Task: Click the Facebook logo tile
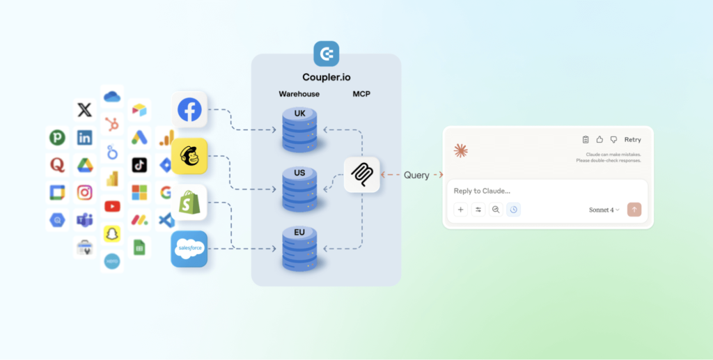[189, 109]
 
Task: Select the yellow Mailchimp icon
[189, 156]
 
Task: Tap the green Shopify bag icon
[189, 203]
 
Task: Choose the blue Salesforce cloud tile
[189, 249]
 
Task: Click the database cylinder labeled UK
[300, 130]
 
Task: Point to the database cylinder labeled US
[300, 189]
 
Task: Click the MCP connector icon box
[361, 175]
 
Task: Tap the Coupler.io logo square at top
[326, 54]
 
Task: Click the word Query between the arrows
[416, 175]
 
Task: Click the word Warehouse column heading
[299, 93]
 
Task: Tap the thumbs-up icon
[600, 140]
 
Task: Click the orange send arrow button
[634, 210]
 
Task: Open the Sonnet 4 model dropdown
[604, 210]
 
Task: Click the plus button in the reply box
[460, 210]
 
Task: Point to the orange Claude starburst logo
[460, 150]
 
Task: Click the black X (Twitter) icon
[84, 109]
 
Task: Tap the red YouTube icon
[111, 206]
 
